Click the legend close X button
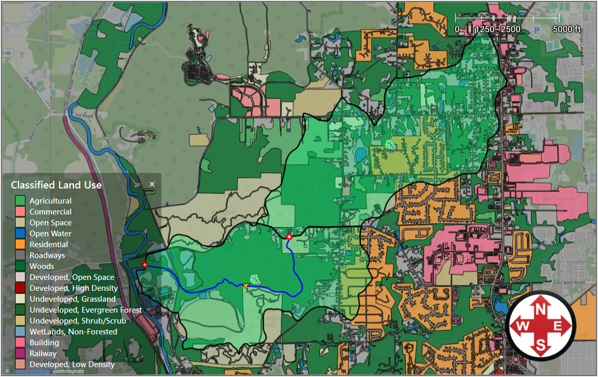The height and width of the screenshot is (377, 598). [x=152, y=184]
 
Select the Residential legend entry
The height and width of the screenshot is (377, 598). [x=48, y=244]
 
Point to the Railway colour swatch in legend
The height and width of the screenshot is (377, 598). [x=20, y=354]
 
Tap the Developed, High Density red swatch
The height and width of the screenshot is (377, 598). [x=20, y=288]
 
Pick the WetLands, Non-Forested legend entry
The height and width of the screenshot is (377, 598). [x=73, y=332]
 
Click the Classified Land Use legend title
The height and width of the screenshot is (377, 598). [x=56, y=185]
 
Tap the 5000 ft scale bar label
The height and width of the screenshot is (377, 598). [x=566, y=29]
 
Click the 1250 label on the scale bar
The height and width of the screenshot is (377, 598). [x=485, y=29]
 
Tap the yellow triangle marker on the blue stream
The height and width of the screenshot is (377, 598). [x=245, y=285]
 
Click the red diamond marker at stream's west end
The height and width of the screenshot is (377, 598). [x=145, y=265]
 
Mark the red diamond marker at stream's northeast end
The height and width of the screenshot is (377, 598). [x=289, y=237]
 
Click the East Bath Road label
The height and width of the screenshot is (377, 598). [x=566, y=283]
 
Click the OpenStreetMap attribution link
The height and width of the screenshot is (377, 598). [x=28, y=371]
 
